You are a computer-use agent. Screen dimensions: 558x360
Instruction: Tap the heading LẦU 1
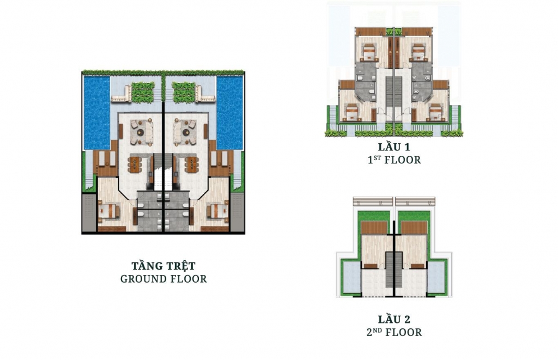[x=394, y=147]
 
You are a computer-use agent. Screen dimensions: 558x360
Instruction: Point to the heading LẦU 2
[x=394, y=319]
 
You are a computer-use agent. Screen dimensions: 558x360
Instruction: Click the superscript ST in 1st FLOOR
[x=377, y=157]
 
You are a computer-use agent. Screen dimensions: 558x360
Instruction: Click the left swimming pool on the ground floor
[x=97, y=113]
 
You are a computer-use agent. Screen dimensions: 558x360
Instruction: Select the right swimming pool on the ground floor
[x=229, y=113]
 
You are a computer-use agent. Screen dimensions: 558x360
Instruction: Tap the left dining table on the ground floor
[x=135, y=164]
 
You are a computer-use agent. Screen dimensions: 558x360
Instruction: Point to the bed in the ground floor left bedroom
[x=108, y=211]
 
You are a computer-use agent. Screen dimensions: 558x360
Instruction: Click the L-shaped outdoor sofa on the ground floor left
[x=122, y=94]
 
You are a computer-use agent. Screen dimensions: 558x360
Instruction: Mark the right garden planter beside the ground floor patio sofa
[x=184, y=93]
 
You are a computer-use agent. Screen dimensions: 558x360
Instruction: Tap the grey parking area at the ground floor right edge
[x=238, y=212]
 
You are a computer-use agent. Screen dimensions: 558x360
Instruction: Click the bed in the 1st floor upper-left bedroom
[x=369, y=53]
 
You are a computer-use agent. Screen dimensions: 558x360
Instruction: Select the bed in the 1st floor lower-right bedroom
[x=435, y=112]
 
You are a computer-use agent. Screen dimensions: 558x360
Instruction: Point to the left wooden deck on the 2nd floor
[x=374, y=228]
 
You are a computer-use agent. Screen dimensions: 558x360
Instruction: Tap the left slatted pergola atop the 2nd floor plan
[x=373, y=202]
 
